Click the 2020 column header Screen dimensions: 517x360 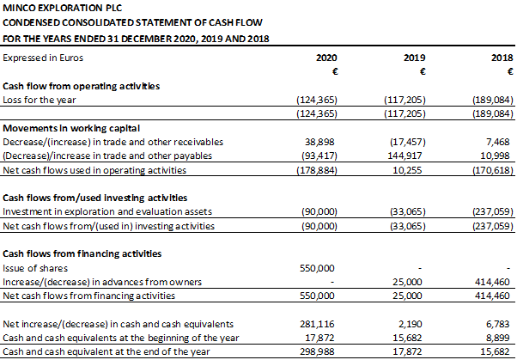click(x=326, y=58)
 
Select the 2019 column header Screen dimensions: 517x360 click(x=415, y=58)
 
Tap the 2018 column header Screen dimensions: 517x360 click(x=502, y=58)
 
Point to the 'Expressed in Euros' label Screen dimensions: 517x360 click(x=43, y=58)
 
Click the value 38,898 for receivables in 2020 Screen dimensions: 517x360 click(x=319, y=142)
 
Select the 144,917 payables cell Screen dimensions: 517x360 click(x=404, y=156)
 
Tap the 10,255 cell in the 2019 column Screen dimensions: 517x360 click(x=407, y=170)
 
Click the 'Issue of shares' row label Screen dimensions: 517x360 click(x=35, y=268)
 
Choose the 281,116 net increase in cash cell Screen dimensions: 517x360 click(x=317, y=324)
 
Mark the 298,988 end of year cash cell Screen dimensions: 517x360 click(x=317, y=351)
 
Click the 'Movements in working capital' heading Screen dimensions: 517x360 click(x=71, y=128)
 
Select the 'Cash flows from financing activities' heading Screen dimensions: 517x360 click(x=82, y=253)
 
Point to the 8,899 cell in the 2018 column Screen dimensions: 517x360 click(x=498, y=338)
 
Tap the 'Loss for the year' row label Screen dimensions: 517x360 click(x=40, y=100)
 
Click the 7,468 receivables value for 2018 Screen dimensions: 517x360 click(x=498, y=142)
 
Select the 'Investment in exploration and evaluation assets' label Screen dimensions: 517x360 click(x=107, y=211)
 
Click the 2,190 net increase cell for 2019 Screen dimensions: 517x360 click(x=411, y=324)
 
